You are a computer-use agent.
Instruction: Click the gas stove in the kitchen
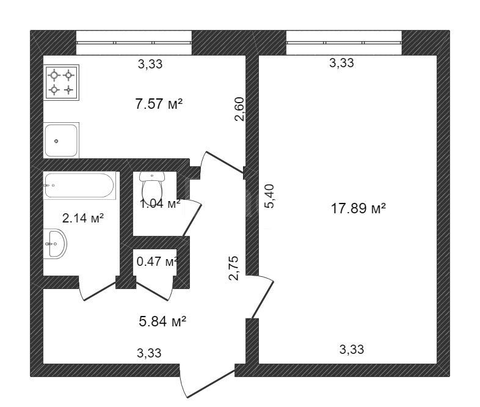point(61,82)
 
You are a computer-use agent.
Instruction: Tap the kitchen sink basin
point(61,141)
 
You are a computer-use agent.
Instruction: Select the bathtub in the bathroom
point(79,185)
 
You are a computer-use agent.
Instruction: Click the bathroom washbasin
point(55,244)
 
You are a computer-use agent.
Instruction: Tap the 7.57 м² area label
point(159,104)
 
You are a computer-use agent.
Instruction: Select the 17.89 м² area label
point(358,208)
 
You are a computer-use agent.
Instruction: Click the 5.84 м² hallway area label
point(162,321)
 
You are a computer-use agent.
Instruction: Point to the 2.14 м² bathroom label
point(83,218)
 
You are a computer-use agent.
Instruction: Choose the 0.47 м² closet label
point(157,262)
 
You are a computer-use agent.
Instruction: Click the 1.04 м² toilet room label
point(160,204)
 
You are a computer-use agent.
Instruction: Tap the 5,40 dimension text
point(269,196)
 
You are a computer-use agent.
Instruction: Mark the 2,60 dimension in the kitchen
point(239,109)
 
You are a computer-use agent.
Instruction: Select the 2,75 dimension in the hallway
point(233,268)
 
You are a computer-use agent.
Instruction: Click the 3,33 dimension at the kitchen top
point(150,64)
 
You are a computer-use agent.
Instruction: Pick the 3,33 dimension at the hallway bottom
point(149,353)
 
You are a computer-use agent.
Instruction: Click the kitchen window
point(134,43)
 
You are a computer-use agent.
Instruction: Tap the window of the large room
point(344,43)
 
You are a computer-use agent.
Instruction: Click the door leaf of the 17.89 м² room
point(263,300)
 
